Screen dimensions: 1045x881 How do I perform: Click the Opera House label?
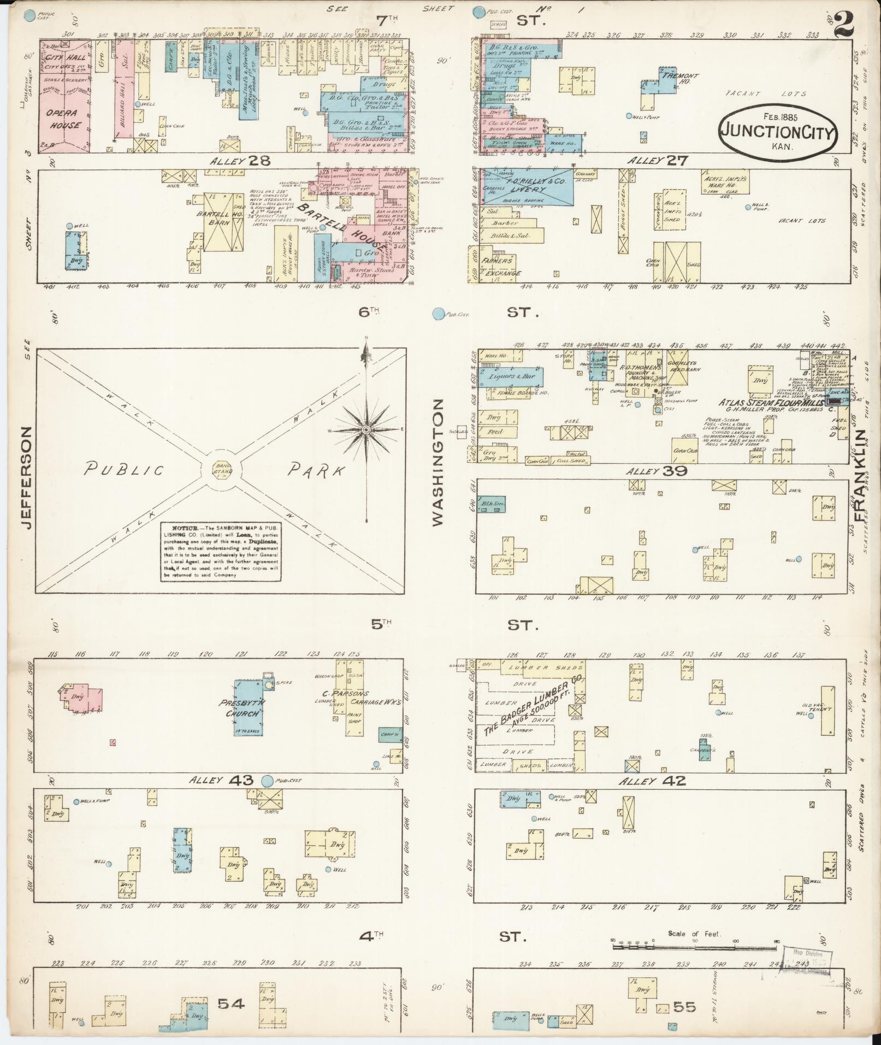pos(63,119)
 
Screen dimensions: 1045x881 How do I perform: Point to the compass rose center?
pos(365,430)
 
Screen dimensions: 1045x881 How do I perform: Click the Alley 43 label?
pos(221,781)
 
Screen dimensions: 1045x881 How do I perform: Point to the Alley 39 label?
pos(653,471)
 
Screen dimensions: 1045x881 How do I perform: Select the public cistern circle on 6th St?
pos(437,314)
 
